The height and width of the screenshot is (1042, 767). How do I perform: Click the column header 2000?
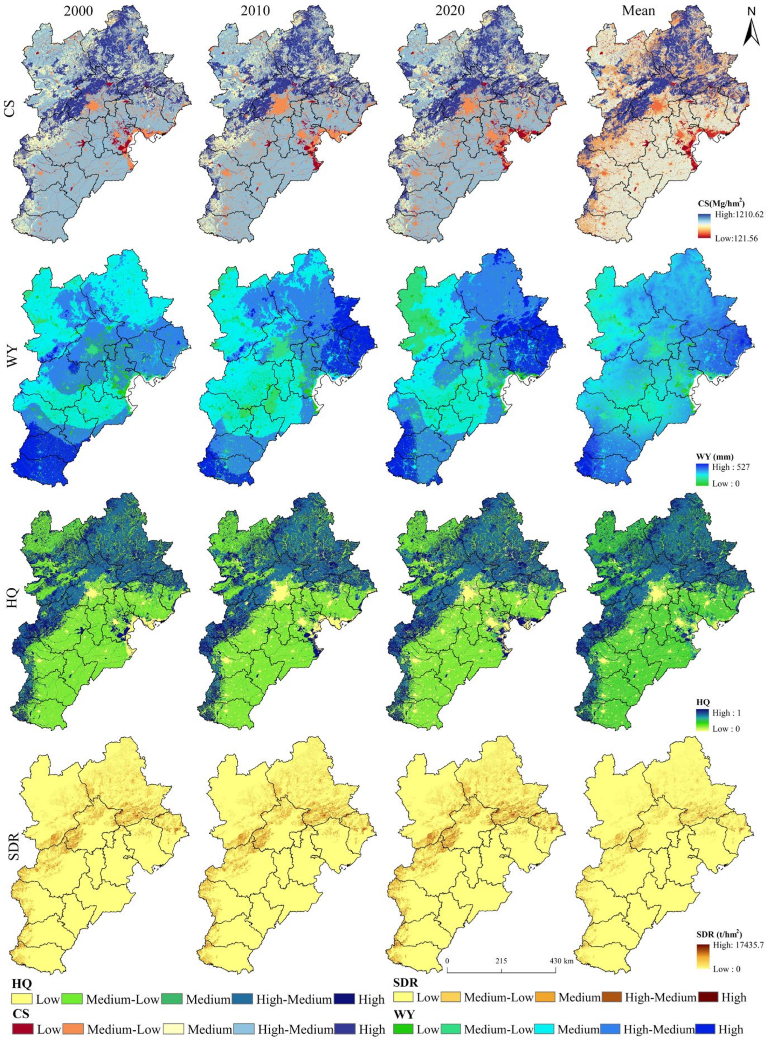[78, 10]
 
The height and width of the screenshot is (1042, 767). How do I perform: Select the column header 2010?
[255, 10]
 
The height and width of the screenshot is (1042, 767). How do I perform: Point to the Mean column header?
[638, 10]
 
